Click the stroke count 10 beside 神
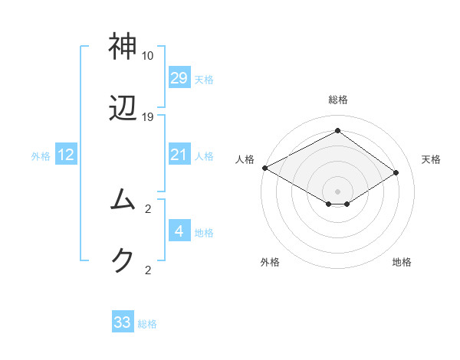[x=148, y=56]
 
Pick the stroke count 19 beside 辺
[x=148, y=117]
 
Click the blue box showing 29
[x=179, y=78]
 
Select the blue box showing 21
[x=179, y=155]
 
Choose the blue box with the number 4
[x=179, y=231]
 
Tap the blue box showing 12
[x=65, y=155]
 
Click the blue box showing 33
[x=123, y=322]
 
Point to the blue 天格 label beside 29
[x=204, y=79]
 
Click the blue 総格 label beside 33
[x=147, y=324]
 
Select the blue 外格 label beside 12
[x=41, y=156]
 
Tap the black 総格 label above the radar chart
[x=337, y=100]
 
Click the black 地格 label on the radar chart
[x=402, y=262]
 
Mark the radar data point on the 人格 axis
[x=264, y=168]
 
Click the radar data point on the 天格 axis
[x=396, y=173]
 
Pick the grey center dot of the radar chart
[x=337, y=191]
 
